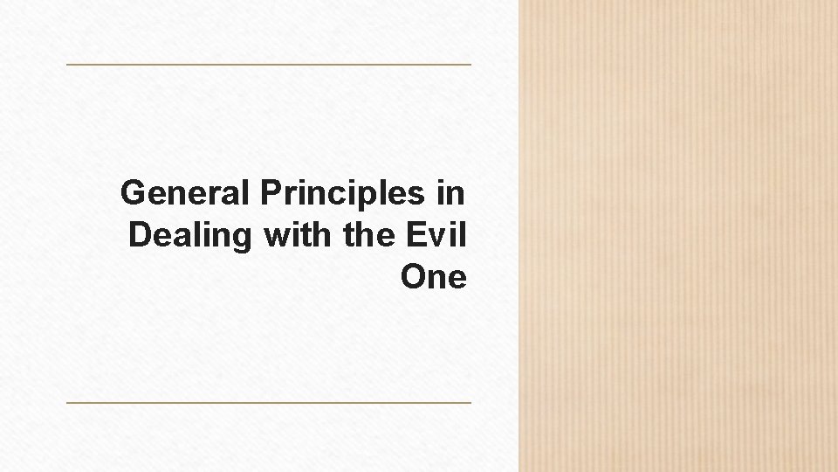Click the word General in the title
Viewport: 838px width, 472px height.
click(x=185, y=192)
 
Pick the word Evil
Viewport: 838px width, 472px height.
click(x=436, y=234)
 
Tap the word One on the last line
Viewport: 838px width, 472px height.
click(x=434, y=277)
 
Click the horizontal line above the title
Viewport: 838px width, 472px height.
click(x=269, y=65)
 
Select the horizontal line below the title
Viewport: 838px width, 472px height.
click(x=269, y=403)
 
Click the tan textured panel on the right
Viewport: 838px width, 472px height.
click(x=678, y=236)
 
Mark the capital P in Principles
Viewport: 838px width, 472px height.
click(x=270, y=192)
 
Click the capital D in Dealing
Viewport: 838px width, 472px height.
click(x=140, y=234)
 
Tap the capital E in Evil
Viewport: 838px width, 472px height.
click(x=415, y=234)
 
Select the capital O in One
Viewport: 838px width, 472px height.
click(x=413, y=277)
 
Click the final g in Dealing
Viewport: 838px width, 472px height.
click(x=243, y=239)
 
